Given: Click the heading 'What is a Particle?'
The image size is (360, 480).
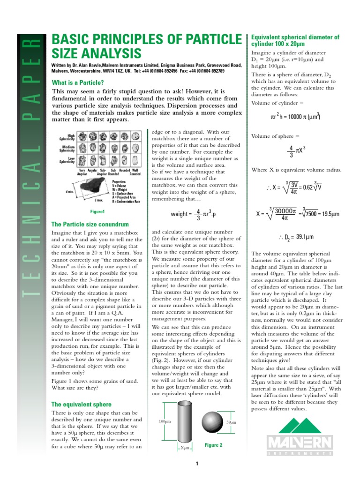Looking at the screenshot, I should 78,83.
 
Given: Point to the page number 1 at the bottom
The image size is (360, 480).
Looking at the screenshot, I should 198,464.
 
